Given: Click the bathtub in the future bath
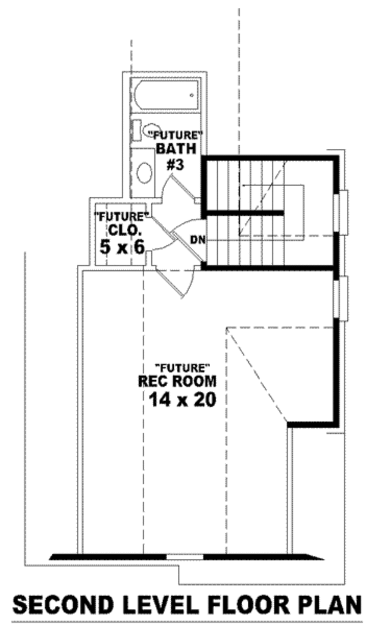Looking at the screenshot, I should click(166, 96).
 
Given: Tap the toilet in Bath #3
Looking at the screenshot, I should click(149, 130).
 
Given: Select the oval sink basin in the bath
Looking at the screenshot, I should click(144, 173).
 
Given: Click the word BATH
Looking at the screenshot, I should click(177, 148).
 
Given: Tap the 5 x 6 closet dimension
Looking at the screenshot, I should click(122, 246).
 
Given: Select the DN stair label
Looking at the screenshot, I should click(197, 239).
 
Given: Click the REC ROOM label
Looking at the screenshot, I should click(177, 382).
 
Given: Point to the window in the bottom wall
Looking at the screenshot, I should click(185, 556).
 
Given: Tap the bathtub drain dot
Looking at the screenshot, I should click(192, 95).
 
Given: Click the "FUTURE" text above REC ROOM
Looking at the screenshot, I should click(183, 367).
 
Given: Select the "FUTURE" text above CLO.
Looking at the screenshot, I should click(122, 216).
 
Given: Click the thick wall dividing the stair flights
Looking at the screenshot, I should click(244, 213).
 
